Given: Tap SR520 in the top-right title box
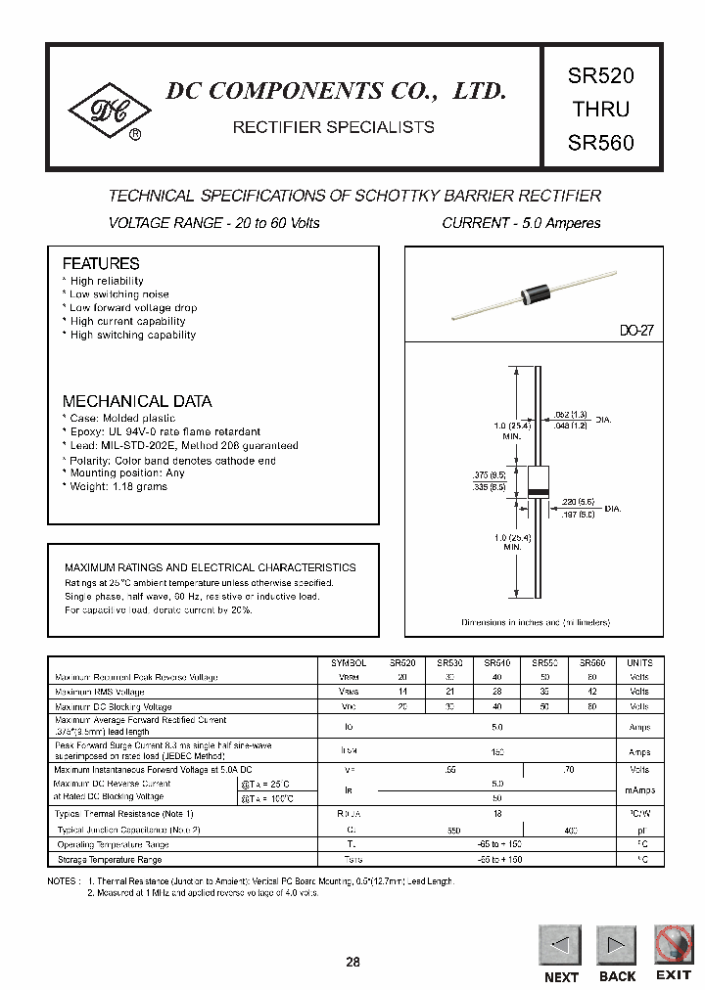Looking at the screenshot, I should point(600,75).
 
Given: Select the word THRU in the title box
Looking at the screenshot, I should point(600,109).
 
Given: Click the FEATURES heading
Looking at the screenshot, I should point(101,264).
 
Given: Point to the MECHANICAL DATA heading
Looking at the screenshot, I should point(137,401).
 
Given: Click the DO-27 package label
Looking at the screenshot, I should point(635,332).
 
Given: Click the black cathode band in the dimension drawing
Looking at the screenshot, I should point(538,489).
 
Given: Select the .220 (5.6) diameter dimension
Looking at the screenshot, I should point(577,501).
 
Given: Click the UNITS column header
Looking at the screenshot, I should point(638,662).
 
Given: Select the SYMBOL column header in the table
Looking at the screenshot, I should point(349,662).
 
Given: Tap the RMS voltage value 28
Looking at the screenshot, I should point(497,692).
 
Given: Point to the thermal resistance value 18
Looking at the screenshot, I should point(497,814).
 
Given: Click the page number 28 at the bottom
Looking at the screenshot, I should point(352,963).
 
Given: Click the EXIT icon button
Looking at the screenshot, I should point(673,945).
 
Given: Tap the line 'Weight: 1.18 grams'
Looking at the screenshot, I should point(117,487).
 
